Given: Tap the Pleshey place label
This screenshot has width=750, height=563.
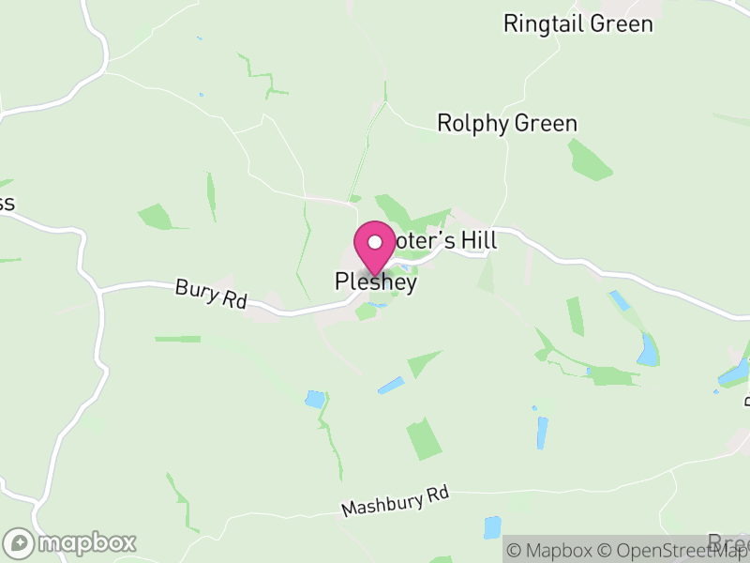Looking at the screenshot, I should [x=375, y=281].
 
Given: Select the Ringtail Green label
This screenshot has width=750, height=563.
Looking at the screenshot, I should [x=577, y=23].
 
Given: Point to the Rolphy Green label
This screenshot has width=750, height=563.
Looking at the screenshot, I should [x=507, y=123].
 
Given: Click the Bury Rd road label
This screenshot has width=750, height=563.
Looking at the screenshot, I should [x=211, y=294].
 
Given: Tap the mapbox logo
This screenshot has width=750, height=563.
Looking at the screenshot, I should [x=70, y=542].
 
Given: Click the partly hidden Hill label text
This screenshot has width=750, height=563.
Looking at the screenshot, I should [x=471, y=241].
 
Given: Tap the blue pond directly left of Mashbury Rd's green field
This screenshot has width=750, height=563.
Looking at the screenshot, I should [x=315, y=399].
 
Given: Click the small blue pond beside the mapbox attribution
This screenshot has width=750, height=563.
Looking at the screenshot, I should [x=492, y=527].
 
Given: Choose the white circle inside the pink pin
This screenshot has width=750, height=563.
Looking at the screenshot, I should [x=375, y=242].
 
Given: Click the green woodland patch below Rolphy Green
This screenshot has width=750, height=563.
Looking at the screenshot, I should [x=590, y=159].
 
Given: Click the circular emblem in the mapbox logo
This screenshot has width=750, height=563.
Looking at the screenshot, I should [x=19, y=542].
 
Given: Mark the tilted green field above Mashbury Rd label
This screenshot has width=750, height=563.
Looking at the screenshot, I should [x=425, y=438].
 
